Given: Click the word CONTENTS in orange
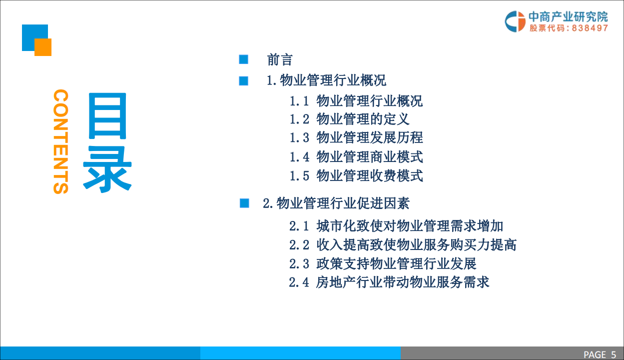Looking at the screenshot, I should pos(60,141).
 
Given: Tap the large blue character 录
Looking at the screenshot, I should pos(107,168).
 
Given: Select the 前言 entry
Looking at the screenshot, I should pos(280,60).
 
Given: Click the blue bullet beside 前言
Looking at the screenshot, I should pos(244,60).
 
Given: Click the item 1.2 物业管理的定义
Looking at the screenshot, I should pos(350,119).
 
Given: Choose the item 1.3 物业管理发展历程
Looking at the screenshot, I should pos(356,137).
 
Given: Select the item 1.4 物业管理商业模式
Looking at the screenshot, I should pos(356,156).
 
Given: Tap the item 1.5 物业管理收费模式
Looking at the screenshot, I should pos(356,175).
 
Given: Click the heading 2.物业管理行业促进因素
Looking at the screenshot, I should pos(336,203).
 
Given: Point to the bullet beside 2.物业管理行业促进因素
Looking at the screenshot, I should pos(244,203).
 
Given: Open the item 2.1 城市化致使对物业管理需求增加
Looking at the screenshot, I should pos(396,226).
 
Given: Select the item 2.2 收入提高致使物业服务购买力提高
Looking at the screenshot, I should pos(403,244).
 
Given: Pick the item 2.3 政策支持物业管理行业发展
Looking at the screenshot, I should pos(383,263).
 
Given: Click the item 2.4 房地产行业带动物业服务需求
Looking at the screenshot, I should pos(389,282).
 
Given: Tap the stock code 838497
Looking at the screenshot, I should pos(590,28).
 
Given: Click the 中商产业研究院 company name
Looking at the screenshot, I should pos(568,16).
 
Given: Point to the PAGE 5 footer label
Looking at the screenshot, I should pos(600,354).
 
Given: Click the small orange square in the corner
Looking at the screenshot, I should pos(43,47).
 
